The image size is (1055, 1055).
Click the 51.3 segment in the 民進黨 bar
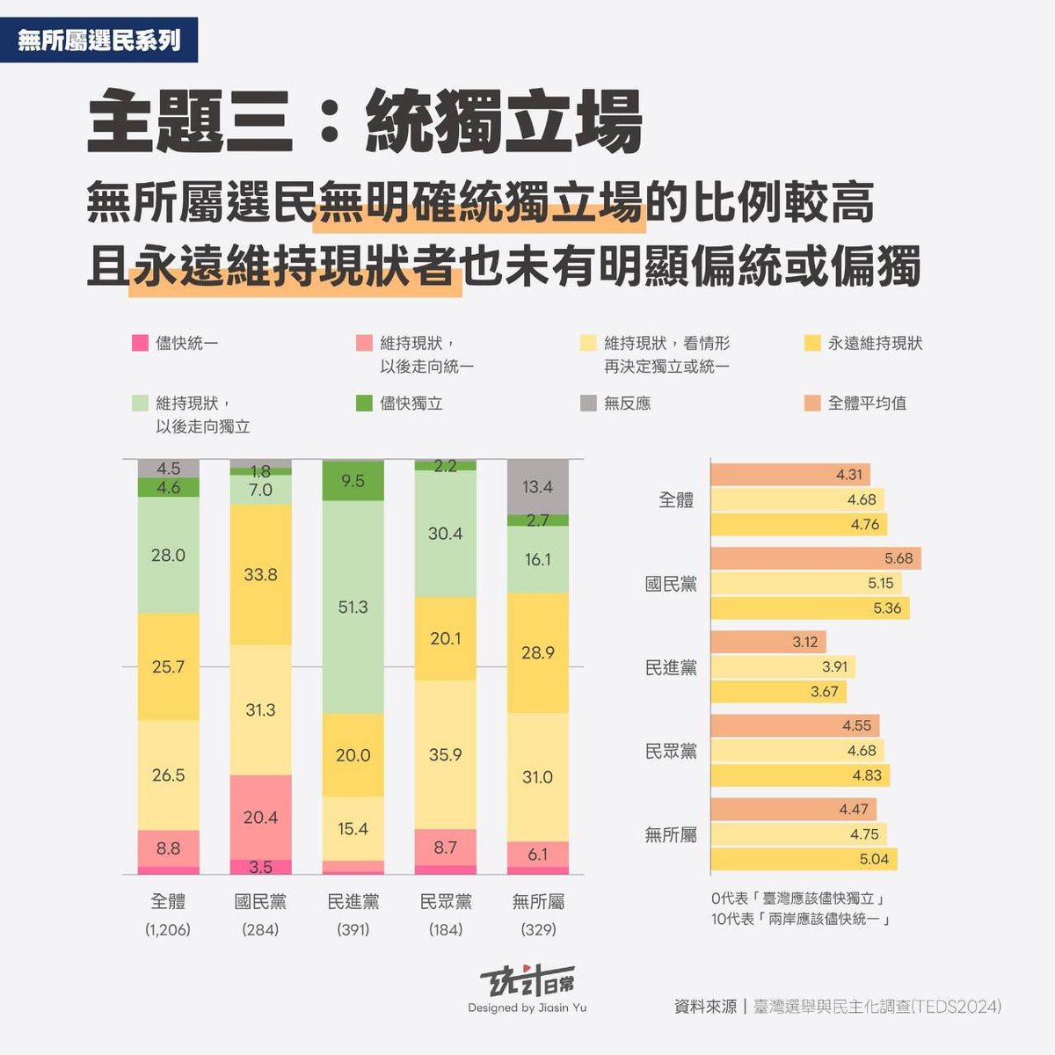point(353,607)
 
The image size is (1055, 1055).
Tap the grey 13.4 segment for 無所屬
point(537,486)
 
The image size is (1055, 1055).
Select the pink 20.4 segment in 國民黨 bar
point(260,817)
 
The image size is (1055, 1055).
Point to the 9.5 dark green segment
point(353,481)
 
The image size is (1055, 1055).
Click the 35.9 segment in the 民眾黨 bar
point(445,754)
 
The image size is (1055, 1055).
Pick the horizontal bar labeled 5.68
point(815,558)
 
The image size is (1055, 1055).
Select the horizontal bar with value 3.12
point(768,642)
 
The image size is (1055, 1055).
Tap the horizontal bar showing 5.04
point(804,859)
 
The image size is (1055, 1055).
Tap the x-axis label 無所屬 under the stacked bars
point(537,902)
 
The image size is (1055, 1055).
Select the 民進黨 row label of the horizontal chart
point(671,667)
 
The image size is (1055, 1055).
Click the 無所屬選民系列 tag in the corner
point(98,40)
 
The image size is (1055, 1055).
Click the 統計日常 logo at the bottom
point(527,982)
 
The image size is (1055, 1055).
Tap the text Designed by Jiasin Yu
point(527,1008)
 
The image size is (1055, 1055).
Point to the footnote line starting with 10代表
point(801,920)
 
